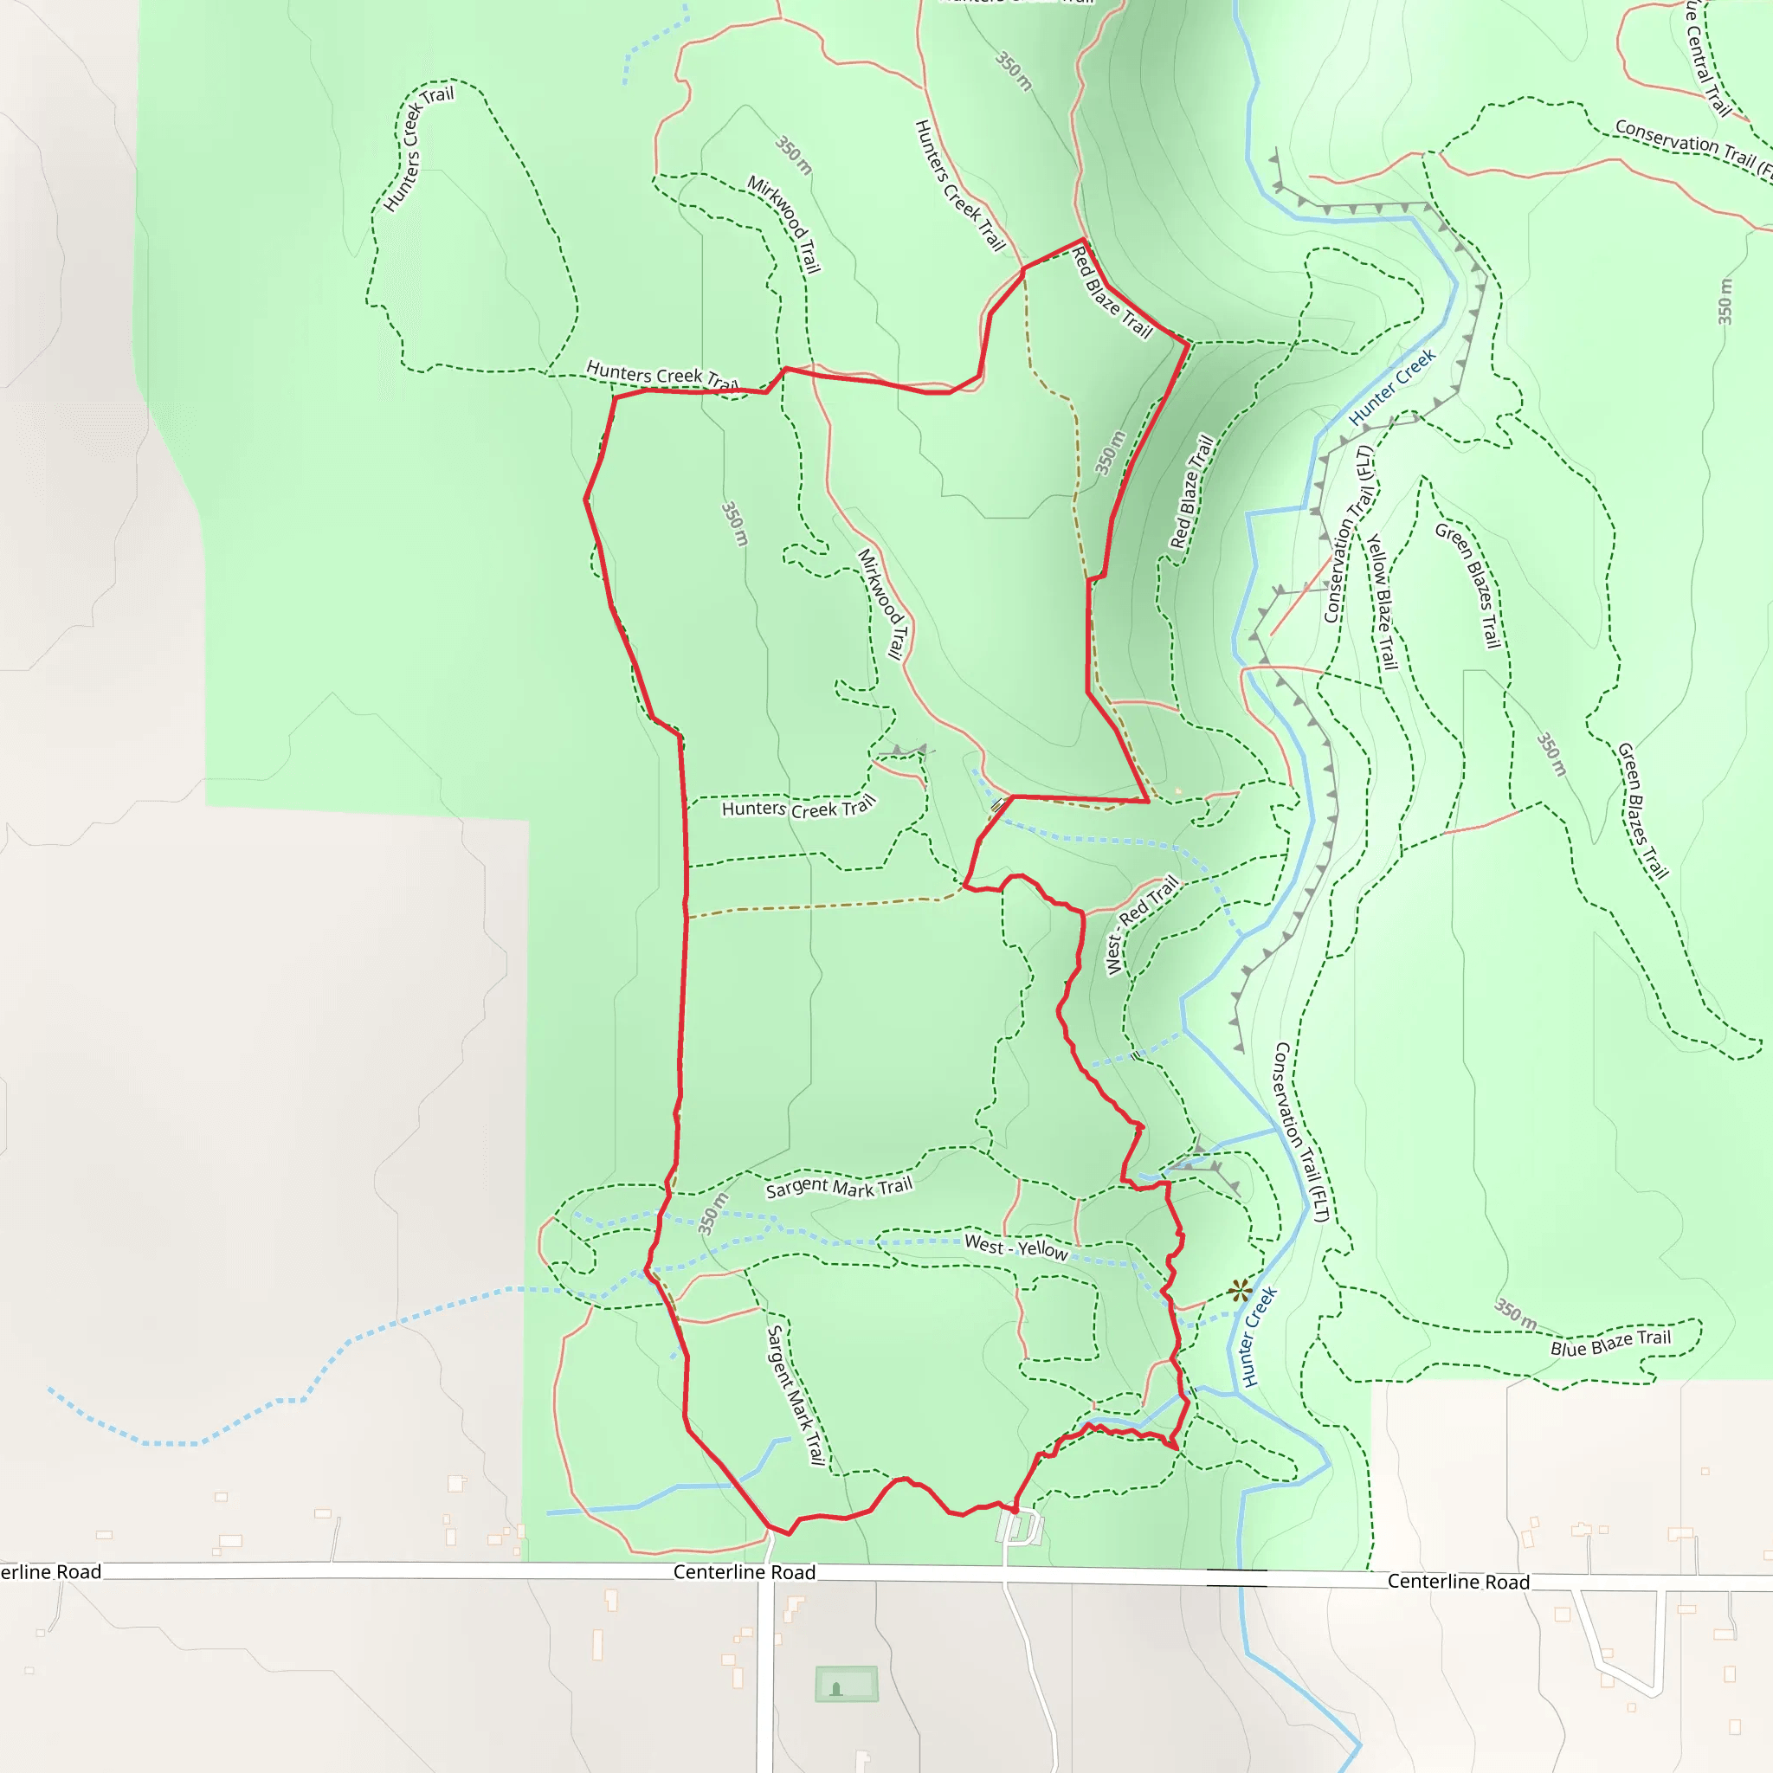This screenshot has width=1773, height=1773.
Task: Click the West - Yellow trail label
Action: pyautogui.click(x=1015, y=1248)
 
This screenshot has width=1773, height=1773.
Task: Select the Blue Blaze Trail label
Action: pyautogui.click(x=1610, y=1342)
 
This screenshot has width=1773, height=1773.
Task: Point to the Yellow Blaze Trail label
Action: pyautogui.click(x=1382, y=602)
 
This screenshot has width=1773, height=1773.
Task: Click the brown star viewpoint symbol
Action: pyautogui.click(x=1240, y=1290)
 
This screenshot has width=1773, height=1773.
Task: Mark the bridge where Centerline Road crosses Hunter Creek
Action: pyautogui.click(x=1236, y=1577)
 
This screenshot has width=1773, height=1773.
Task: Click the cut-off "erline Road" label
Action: pyautogui.click(x=50, y=1572)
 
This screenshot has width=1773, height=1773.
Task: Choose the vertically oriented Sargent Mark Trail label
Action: pyautogui.click(x=796, y=1394)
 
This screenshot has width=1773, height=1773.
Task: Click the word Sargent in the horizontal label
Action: pyautogui.click(x=796, y=1188)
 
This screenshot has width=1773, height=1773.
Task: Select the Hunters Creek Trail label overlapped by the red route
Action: pyautogui.click(x=661, y=376)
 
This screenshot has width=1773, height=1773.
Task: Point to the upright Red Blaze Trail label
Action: pyautogui.click(x=1192, y=492)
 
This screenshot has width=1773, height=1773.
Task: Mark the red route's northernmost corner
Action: pyautogui.click(x=1084, y=241)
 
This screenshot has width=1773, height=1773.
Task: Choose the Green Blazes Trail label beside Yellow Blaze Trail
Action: pyautogui.click(x=1467, y=585)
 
